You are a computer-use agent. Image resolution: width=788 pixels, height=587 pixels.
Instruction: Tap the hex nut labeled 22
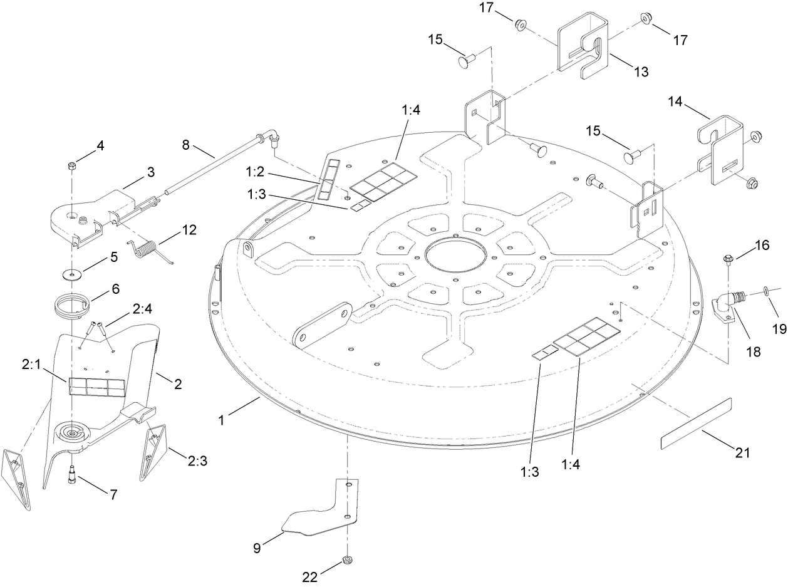point(346,559)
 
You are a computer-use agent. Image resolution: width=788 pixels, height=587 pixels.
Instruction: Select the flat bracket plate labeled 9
point(323,511)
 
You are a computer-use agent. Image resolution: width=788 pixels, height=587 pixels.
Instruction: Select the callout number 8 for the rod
point(185,145)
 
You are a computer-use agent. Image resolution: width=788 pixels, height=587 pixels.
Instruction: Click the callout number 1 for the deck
point(221,419)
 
